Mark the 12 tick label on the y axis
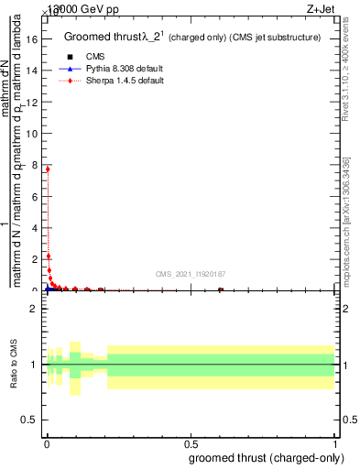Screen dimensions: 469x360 click(35, 103)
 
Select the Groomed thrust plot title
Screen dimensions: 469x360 click(191, 38)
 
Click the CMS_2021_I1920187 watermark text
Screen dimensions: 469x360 click(191, 274)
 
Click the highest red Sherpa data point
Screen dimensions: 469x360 click(47, 169)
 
